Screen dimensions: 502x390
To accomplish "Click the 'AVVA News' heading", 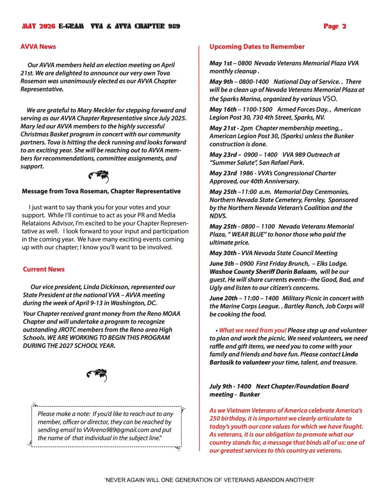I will click(38, 47).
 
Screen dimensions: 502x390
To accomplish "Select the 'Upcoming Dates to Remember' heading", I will click(257, 47).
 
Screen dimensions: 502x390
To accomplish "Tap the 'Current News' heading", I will click(44, 269).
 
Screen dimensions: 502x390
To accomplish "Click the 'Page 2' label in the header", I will click(334, 26).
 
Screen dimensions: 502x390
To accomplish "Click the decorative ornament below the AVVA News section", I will click(98, 177).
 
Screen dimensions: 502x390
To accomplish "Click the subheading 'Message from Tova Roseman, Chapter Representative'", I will click(101, 191).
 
